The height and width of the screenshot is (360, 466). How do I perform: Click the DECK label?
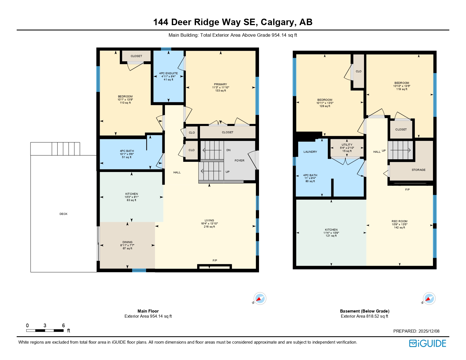tap(63, 214)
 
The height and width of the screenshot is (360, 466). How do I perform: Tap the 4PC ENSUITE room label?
tap(168, 73)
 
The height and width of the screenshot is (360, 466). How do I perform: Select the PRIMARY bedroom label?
tap(220, 84)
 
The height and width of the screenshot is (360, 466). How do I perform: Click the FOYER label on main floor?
tap(239, 161)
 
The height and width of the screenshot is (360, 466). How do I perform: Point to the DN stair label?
tap(228, 150)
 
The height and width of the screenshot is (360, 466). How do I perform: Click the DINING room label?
tap(127, 242)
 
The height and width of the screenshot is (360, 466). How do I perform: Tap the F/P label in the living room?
tap(215, 261)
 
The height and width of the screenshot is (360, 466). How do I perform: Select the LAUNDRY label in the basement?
tap(310, 152)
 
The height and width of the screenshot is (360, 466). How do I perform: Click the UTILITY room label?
tap(347, 145)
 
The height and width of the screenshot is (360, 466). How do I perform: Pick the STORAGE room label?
tap(418, 170)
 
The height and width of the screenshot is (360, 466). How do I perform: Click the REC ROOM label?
tap(399, 221)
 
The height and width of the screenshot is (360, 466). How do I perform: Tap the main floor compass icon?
tap(260, 299)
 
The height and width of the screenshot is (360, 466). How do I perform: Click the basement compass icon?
tap(429, 299)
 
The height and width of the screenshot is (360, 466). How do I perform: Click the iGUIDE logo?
tap(428, 343)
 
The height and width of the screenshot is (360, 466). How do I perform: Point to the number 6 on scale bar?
tap(63, 326)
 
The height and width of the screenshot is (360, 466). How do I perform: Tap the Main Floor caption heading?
tap(148, 311)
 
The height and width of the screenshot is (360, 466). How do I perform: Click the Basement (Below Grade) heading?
tap(364, 311)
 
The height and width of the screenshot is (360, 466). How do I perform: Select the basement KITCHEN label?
tap(331, 230)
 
